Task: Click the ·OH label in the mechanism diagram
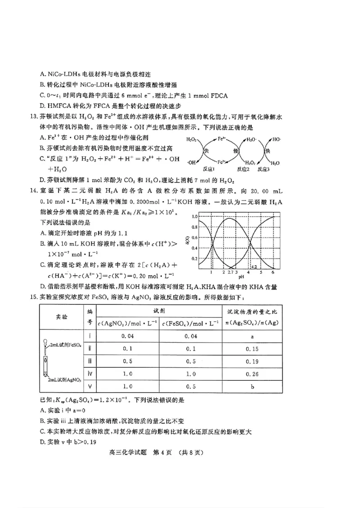(x=191, y=162)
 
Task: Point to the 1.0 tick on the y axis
(x=194, y=216)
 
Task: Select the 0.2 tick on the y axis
(x=194, y=259)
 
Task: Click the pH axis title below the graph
(x=241, y=277)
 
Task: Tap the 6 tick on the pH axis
(x=273, y=272)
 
